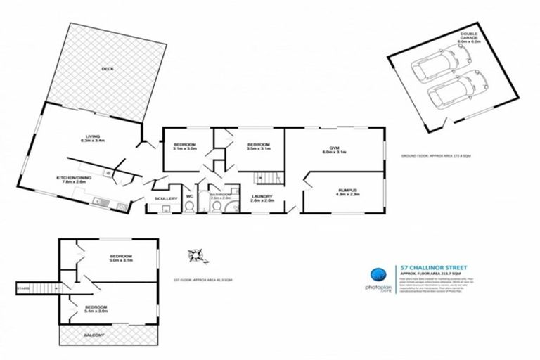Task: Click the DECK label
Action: (x=108, y=68)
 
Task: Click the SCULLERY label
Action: (x=166, y=199)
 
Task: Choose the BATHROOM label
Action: (x=221, y=195)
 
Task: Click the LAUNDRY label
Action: (x=263, y=198)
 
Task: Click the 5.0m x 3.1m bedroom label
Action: (x=120, y=256)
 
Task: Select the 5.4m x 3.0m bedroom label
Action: (x=96, y=307)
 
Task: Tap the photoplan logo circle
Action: (x=377, y=276)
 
